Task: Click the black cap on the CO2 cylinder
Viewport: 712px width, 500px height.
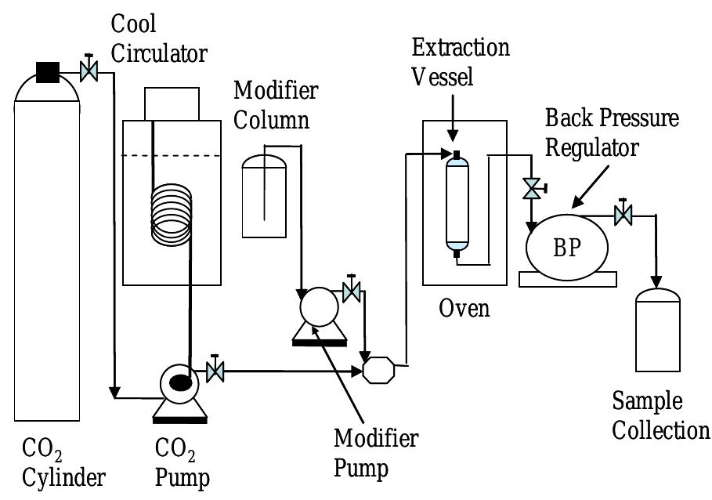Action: click(x=47, y=73)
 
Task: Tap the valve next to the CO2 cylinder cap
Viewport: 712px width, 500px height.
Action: click(x=89, y=71)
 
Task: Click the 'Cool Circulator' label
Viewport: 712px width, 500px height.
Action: click(x=160, y=39)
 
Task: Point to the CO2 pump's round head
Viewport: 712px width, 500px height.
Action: click(x=179, y=382)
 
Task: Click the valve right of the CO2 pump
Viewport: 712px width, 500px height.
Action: click(x=215, y=369)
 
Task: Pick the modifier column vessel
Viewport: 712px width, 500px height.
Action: click(x=264, y=197)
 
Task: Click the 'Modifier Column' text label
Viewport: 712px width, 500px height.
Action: click(x=275, y=105)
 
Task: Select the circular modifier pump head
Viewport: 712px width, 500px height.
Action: click(x=317, y=306)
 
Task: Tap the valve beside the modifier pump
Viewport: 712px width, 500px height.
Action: click(x=352, y=292)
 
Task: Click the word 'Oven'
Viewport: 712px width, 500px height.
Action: click(x=464, y=308)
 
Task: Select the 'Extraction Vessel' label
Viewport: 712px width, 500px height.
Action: click(x=460, y=62)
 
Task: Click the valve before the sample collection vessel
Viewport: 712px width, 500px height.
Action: click(x=623, y=213)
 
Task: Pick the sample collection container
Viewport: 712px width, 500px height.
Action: click(x=657, y=330)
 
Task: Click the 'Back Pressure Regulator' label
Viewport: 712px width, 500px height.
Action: click(x=612, y=132)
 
